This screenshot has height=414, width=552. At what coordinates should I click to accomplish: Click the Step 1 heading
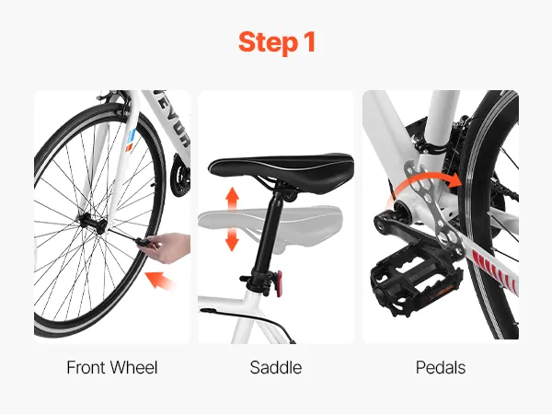(276, 42)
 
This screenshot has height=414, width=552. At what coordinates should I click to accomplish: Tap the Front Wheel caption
(112, 367)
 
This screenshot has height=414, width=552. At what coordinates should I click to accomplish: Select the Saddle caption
(276, 367)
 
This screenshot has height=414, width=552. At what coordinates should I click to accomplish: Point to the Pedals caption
(441, 367)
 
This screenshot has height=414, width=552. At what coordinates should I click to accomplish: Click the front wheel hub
(91, 223)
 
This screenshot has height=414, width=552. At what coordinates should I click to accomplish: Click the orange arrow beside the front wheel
(160, 280)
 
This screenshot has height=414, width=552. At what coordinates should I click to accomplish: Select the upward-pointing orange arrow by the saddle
(232, 199)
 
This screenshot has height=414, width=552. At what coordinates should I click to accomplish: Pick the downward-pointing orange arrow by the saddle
(232, 238)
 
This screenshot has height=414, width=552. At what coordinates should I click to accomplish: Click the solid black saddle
(282, 169)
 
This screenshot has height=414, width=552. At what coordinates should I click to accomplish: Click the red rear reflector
(280, 282)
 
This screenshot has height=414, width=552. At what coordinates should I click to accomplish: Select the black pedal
(416, 278)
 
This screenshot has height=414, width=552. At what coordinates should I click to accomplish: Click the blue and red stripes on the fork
(131, 141)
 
